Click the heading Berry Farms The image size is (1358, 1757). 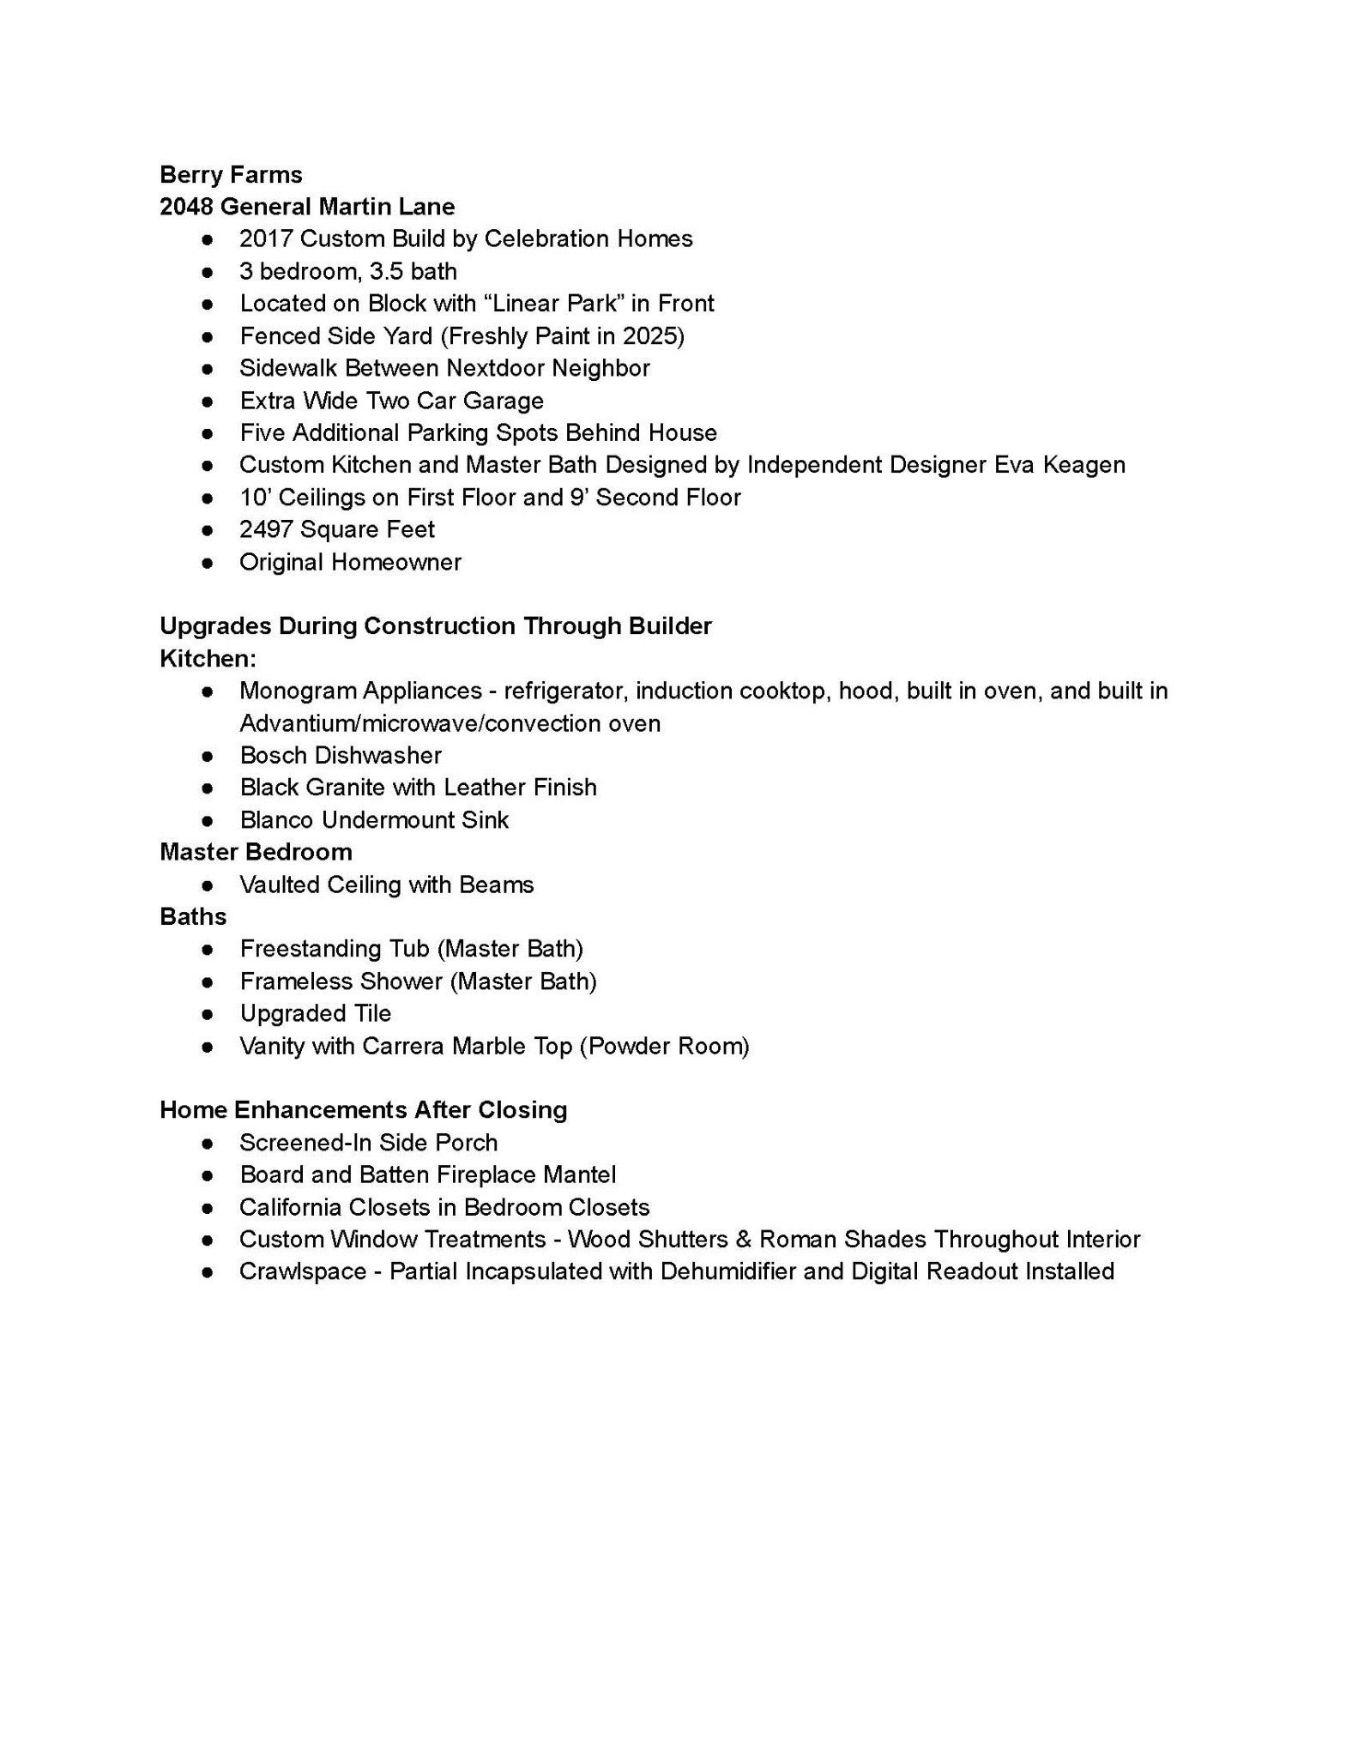(231, 175)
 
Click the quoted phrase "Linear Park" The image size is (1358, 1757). (559, 304)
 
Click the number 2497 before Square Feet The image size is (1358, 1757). (266, 529)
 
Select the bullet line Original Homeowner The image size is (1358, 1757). (350, 562)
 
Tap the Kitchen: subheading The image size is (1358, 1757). (208, 659)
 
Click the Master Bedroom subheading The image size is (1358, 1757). (256, 852)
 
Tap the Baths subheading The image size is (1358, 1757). (193, 917)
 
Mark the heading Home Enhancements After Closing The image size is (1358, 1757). (363, 1110)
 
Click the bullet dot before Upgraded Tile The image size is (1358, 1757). (207, 1014)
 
